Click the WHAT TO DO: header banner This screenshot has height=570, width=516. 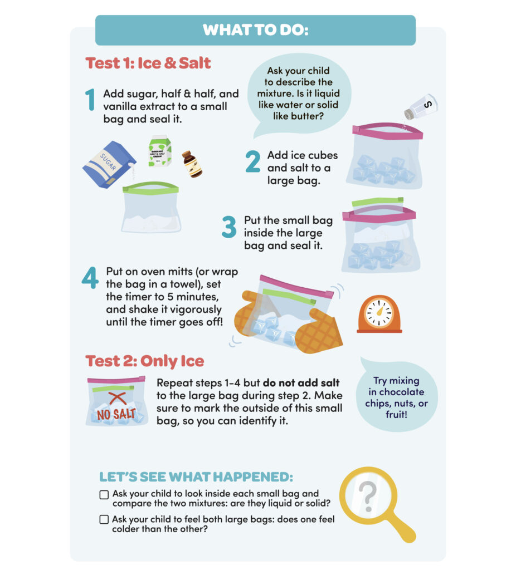point(255,30)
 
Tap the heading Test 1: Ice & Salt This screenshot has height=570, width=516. point(148,63)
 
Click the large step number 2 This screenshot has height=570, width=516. point(252,161)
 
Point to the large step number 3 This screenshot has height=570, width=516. point(230,227)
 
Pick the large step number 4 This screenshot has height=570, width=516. point(90,279)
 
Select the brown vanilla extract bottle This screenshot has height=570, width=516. point(192,164)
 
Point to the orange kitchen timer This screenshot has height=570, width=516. point(379,315)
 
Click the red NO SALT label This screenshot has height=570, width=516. point(116,414)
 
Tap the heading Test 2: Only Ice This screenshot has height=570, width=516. point(144,361)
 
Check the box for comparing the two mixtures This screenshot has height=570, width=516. point(104,494)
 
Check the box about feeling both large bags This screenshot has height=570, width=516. point(104,519)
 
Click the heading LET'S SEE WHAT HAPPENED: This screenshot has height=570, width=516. point(196,478)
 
